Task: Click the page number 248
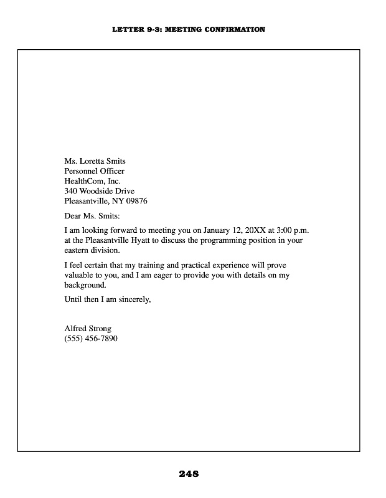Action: point(189,474)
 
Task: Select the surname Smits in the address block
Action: point(115,161)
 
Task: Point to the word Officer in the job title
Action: point(111,171)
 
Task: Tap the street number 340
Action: point(71,191)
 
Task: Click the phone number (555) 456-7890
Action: point(91,339)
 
